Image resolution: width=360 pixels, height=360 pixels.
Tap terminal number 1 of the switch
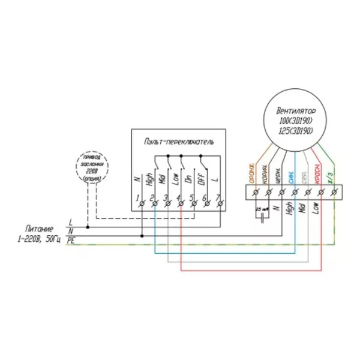(142, 205)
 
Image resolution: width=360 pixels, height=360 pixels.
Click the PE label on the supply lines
(71, 239)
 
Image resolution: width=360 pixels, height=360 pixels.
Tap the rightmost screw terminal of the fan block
(334, 192)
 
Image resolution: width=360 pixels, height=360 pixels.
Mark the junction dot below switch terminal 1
(142, 236)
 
